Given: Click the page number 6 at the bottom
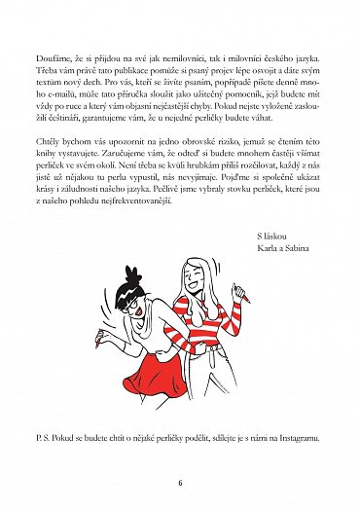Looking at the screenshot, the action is (x=180, y=481).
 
